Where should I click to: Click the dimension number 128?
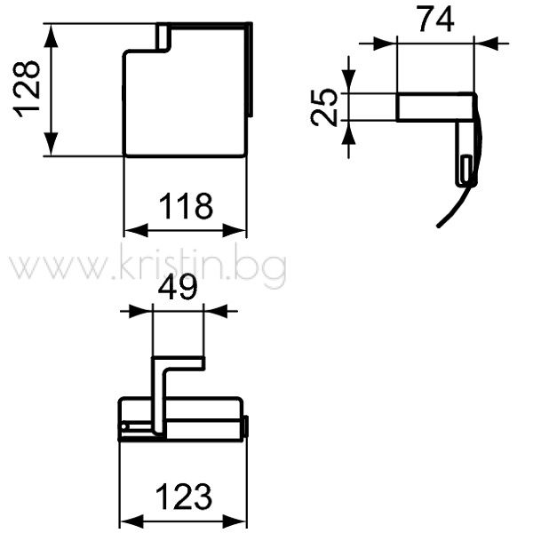26,89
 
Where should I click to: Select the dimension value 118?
186,206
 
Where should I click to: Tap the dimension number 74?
436,20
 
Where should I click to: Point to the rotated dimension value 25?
324,107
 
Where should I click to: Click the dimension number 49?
178,287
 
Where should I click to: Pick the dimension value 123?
184,497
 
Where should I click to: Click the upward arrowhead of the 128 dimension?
51,36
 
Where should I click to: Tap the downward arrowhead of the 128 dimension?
51,144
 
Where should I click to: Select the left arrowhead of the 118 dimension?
136,230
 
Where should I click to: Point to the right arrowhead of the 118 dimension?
235,230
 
